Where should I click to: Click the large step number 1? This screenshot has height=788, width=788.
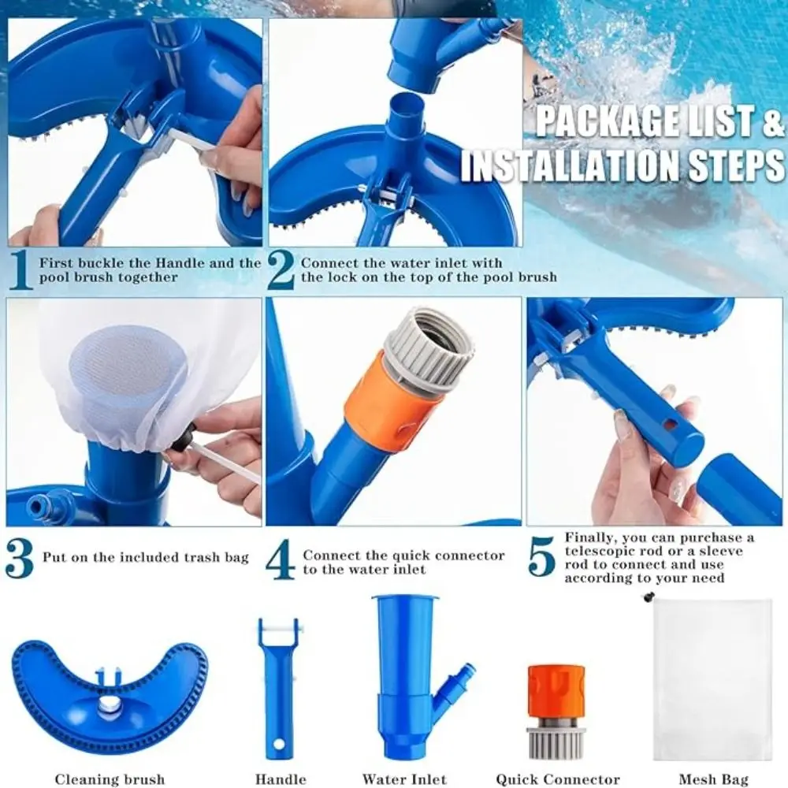21,270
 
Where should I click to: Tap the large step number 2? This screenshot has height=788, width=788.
281,270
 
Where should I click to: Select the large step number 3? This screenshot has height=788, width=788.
20,559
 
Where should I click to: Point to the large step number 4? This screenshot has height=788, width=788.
281,559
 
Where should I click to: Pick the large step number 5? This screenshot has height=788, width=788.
542,557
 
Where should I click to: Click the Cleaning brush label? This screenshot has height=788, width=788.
110,779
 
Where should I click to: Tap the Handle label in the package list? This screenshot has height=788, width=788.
281,779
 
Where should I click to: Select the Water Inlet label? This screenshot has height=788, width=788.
404,779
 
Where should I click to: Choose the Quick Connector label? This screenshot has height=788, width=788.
558,779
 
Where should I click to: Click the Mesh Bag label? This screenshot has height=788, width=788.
714,779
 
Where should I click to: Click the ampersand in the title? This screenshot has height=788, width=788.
773,122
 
